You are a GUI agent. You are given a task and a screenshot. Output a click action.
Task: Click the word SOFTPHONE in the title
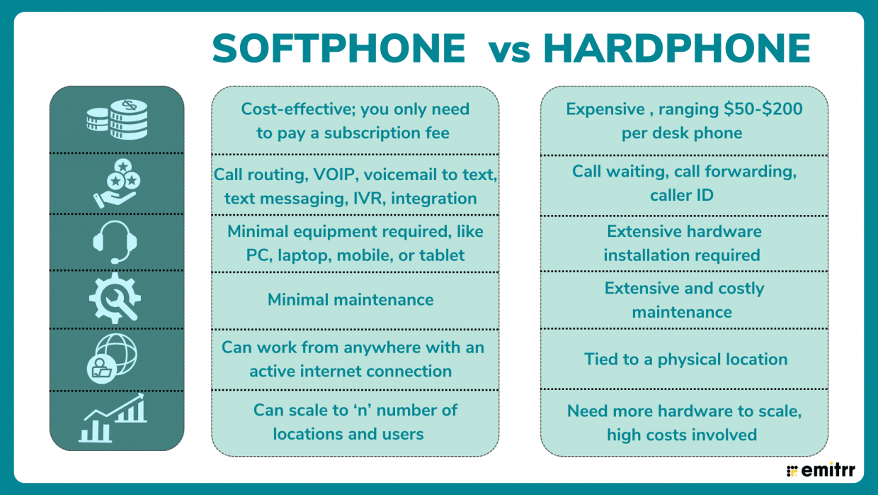point(338,50)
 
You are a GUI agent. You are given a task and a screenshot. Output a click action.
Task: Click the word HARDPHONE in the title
point(676,50)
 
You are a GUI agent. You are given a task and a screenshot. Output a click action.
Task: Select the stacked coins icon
point(117,119)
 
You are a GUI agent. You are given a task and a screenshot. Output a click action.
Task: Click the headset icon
point(116,241)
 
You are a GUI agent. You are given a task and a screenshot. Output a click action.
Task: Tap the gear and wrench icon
point(116,299)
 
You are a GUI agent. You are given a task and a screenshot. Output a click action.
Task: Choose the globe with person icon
point(116,357)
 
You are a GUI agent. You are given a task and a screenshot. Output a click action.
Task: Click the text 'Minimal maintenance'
point(350,300)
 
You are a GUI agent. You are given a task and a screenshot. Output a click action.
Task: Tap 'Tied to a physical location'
point(685,360)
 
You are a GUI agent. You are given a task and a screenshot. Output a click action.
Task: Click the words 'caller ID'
point(681,195)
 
